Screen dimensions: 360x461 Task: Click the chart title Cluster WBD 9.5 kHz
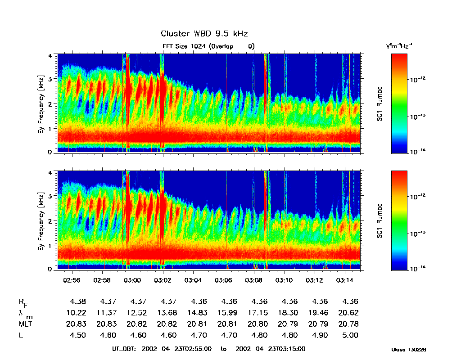point(204,34)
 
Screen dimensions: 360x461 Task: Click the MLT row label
point(25,324)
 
